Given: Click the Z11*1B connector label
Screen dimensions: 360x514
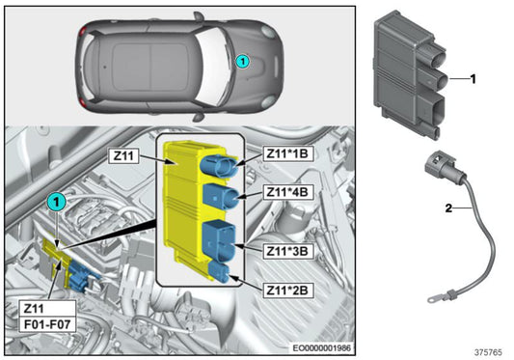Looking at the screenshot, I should pos(286,152).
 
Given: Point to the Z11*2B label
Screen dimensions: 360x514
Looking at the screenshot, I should pos(286,288).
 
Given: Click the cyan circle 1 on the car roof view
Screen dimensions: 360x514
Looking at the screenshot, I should pos(243,61).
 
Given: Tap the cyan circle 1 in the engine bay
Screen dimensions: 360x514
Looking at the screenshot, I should pos(57,201).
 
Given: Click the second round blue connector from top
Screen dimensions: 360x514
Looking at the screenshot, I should pos(216,198).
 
